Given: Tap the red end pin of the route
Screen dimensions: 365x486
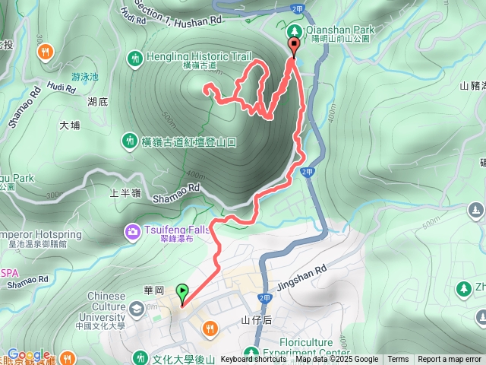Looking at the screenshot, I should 293,47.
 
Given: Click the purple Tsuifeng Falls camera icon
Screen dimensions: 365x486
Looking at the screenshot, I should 133,230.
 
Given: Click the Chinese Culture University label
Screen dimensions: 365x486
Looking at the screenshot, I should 96,306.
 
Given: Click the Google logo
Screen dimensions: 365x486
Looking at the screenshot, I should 29,354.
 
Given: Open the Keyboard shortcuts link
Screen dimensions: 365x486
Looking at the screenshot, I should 254,360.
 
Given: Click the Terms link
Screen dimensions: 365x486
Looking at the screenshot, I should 398,360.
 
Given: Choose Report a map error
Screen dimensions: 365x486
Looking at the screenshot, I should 450,360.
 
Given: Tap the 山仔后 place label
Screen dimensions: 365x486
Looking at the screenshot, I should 256,320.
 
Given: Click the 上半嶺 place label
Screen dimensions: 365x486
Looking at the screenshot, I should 125,192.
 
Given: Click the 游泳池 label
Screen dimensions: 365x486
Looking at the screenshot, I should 85,77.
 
